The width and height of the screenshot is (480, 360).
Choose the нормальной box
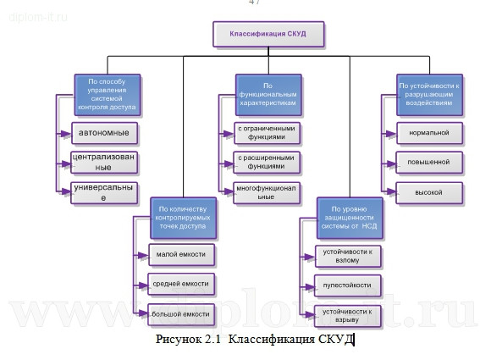click(x=429, y=133)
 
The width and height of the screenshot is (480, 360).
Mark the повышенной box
click(x=429, y=162)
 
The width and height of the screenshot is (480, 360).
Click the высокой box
click(x=429, y=192)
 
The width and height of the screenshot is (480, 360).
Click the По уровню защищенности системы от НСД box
click(x=349, y=217)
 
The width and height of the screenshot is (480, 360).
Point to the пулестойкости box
click(x=348, y=285)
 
